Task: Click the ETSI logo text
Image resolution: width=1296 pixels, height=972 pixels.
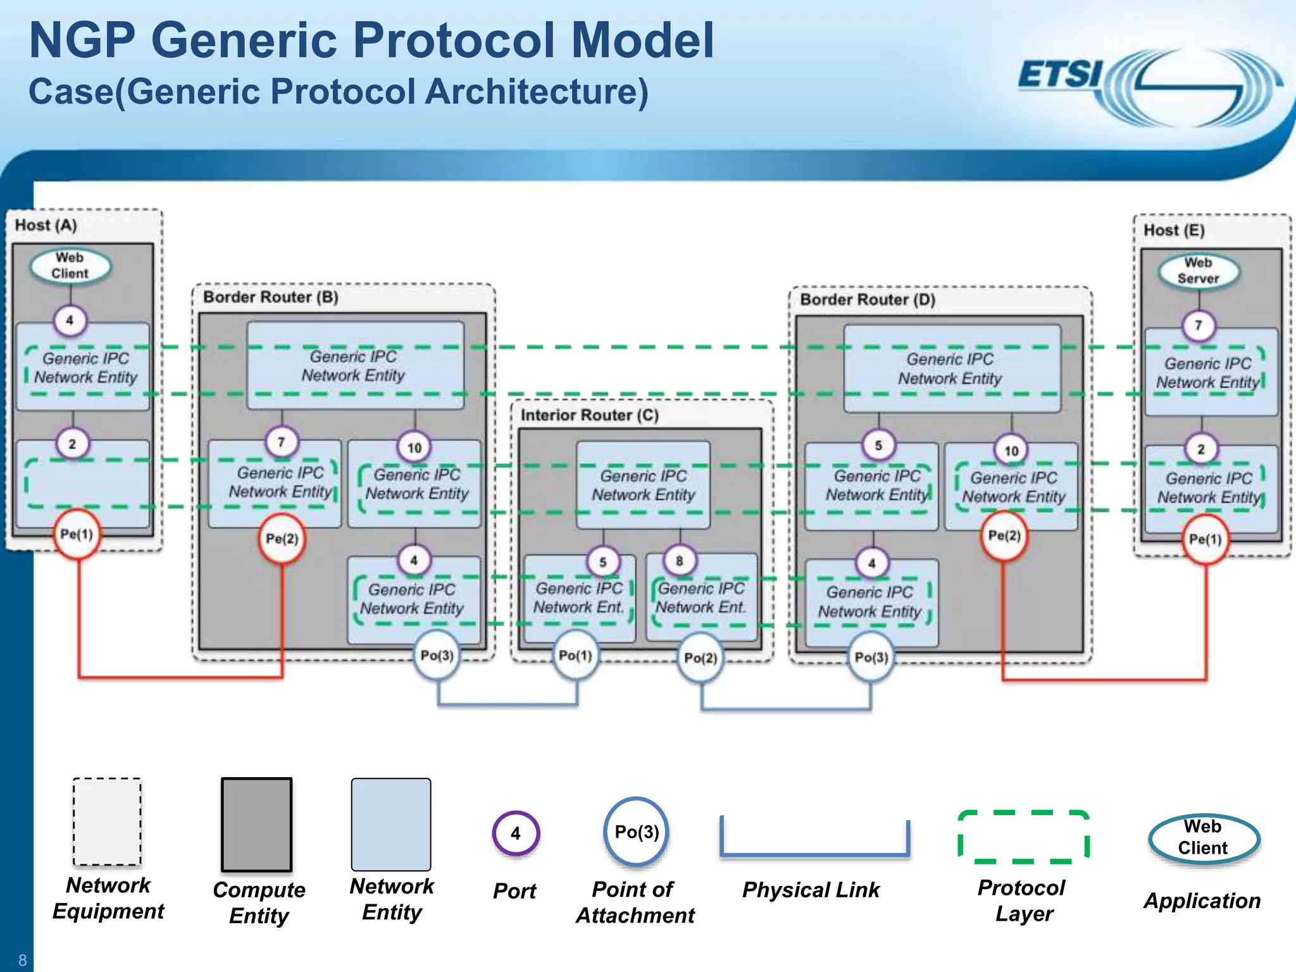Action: click(1060, 75)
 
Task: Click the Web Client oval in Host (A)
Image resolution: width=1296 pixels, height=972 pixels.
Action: click(70, 266)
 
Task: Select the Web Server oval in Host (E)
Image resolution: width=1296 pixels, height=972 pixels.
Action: click(1198, 271)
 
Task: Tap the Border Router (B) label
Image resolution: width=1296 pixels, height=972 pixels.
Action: click(270, 297)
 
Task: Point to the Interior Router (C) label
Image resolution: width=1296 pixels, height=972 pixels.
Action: click(589, 415)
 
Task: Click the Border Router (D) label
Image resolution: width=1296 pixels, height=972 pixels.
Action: click(867, 300)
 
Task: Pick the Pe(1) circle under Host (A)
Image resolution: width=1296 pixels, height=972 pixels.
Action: click(77, 535)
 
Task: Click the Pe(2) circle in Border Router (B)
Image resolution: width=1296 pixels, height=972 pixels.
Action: click(282, 539)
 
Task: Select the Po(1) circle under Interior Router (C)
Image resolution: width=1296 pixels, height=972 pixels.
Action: click(575, 656)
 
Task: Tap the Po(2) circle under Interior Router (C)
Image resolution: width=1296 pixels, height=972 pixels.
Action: click(701, 659)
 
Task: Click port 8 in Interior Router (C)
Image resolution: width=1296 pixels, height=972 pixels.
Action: click(679, 561)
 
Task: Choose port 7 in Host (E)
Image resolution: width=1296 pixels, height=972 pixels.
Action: click(1198, 326)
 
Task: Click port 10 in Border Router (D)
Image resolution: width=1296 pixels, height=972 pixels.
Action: click(1011, 451)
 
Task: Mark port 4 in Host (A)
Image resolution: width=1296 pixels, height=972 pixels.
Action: click(70, 320)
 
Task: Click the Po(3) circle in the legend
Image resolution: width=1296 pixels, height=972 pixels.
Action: click(637, 832)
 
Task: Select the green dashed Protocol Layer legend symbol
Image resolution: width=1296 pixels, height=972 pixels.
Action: click(1023, 837)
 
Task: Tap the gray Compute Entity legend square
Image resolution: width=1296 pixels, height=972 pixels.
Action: click(256, 825)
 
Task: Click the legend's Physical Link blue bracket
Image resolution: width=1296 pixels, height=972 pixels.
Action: click(814, 852)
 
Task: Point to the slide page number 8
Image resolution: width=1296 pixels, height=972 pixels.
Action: click(22, 960)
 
